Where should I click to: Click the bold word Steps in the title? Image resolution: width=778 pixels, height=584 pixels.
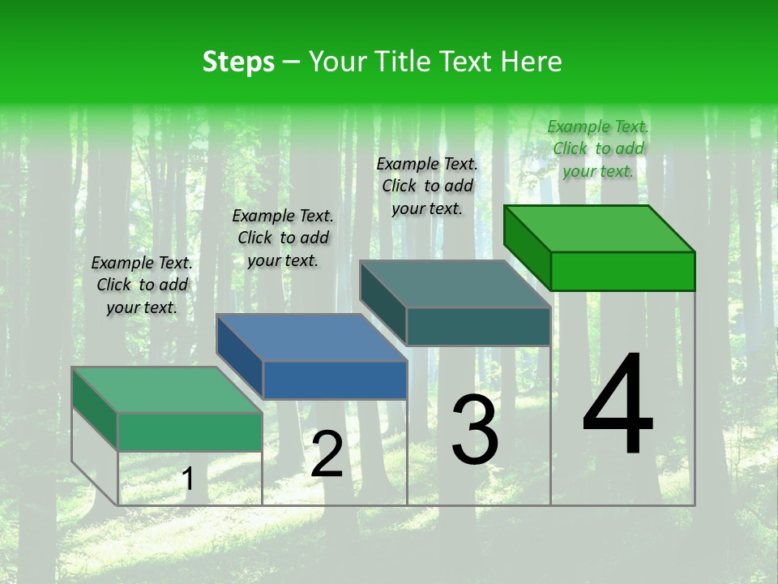tap(238, 62)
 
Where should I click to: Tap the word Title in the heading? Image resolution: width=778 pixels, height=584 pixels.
tap(402, 62)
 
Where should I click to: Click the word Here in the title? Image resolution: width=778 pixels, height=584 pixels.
tap(532, 62)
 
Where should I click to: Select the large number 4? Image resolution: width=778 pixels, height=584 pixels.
tap(618, 406)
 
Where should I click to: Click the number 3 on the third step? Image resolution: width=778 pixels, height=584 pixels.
tap(475, 430)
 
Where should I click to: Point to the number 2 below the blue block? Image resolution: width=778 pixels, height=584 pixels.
tap(327, 454)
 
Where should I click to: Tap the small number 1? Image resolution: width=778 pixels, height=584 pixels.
tap(187, 479)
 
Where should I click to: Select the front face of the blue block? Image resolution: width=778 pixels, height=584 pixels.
tap(335, 380)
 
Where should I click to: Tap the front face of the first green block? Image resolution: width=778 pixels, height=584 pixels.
tap(190, 432)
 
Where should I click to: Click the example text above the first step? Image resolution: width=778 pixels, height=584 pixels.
tap(142, 286)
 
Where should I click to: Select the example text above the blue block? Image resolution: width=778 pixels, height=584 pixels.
tap(283, 238)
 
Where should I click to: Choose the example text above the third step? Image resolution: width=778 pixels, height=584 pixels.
tap(427, 186)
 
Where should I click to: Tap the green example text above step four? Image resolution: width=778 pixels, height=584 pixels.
tap(598, 148)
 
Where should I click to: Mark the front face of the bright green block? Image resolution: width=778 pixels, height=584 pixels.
tap(622, 271)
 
